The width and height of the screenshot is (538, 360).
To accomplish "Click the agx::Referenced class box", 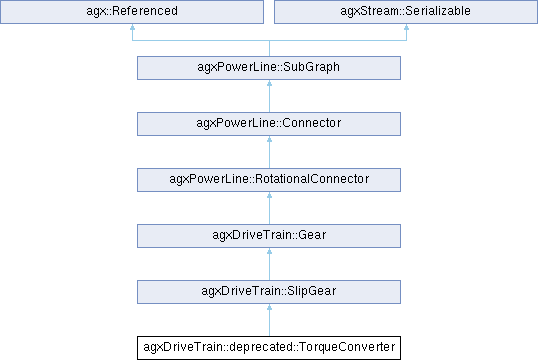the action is (x=132, y=12).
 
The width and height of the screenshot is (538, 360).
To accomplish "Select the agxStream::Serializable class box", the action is (x=406, y=12).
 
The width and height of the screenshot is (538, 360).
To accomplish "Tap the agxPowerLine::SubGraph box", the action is (x=269, y=68).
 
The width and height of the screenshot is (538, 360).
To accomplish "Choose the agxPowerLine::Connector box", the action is (x=269, y=124).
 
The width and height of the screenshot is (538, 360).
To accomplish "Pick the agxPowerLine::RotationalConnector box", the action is (x=269, y=180).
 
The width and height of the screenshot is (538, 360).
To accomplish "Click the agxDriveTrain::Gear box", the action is (x=269, y=236).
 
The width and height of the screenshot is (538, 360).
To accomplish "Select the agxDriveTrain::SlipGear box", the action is (x=269, y=292).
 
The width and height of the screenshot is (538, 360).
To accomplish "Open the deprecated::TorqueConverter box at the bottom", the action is (x=269, y=348).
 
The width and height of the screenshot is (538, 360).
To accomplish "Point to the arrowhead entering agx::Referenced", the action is (x=132, y=27).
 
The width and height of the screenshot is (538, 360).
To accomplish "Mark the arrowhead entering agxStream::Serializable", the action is (x=406, y=27).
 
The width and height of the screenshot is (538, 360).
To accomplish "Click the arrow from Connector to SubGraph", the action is (x=269, y=96).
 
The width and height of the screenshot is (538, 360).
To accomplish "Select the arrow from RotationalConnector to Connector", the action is (x=269, y=152).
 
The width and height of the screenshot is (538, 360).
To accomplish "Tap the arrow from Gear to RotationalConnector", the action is (x=269, y=208).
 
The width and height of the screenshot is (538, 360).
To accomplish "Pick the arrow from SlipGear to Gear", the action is (x=269, y=264).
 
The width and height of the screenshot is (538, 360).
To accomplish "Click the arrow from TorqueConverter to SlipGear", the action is (x=269, y=320).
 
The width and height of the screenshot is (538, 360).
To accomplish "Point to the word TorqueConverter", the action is (x=347, y=347).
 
